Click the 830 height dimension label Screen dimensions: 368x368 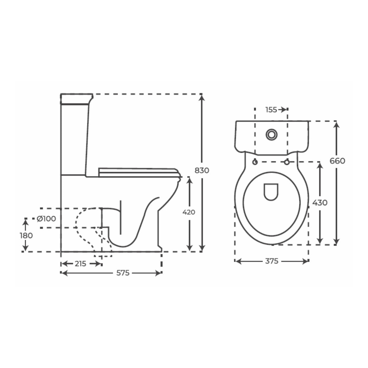(202, 170)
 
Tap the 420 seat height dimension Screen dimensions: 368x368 (189, 212)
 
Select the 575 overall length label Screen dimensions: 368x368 (123, 273)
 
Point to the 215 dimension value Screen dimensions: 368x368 (80, 264)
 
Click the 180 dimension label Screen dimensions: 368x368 (26, 236)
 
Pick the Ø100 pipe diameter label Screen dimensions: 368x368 (46, 219)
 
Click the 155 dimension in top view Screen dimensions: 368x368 (271, 109)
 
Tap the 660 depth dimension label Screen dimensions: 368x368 (337, 161)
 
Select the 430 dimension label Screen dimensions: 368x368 (320, 203)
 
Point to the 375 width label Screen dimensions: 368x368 (272, 261)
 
